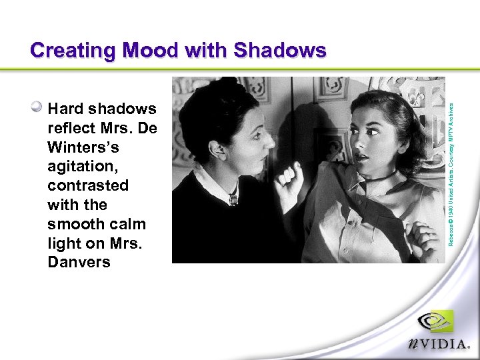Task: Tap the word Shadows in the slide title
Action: (x=279, y=51)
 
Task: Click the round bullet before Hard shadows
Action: (x=38, y=106)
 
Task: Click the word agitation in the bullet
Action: (x=79, y=166)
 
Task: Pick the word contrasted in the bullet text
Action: (x=88, y=185)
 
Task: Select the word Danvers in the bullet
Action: (x=79, y=262)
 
